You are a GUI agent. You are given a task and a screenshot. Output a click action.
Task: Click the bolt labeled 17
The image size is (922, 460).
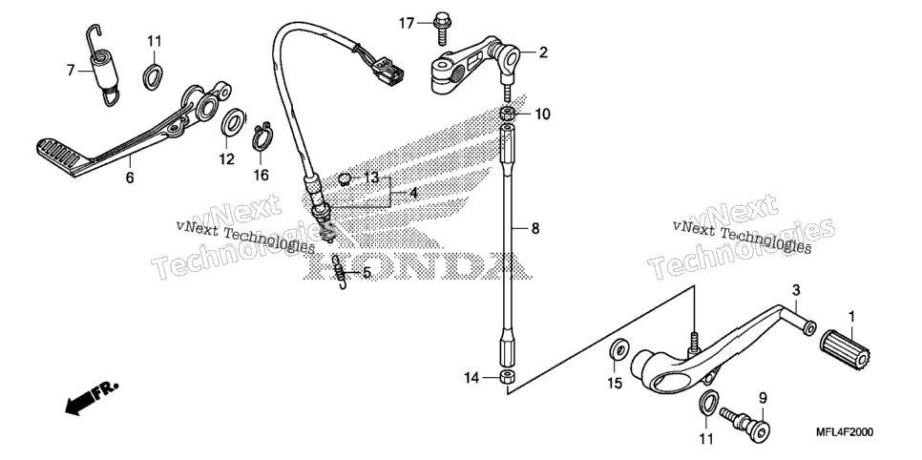[441, 27]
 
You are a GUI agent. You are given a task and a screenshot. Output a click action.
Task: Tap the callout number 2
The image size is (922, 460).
[543, 52]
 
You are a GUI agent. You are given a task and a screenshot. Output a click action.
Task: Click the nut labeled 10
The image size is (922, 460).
[508, 113]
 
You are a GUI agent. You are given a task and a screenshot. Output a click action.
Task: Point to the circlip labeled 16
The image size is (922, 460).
[262, 138]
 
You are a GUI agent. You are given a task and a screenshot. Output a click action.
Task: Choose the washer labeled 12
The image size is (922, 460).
[233, 121]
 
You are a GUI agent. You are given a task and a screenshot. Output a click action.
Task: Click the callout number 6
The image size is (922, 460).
[130, 177]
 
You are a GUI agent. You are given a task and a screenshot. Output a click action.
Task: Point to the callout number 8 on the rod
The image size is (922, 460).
[534, 228]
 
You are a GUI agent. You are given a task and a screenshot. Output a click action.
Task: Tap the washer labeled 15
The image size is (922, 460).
[618, 350]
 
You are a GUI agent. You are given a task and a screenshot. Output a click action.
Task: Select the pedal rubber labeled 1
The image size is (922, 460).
[845, 348]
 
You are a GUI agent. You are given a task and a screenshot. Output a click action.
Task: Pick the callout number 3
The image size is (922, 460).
[796, 290]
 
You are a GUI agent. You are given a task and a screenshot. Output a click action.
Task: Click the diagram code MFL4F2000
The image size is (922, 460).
[845, 432]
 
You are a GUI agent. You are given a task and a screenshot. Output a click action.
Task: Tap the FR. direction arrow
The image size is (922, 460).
[91, 398]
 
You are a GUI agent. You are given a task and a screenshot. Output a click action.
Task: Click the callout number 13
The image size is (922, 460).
[371, 178]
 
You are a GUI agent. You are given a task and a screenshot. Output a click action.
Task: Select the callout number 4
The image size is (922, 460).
[413, 193]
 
